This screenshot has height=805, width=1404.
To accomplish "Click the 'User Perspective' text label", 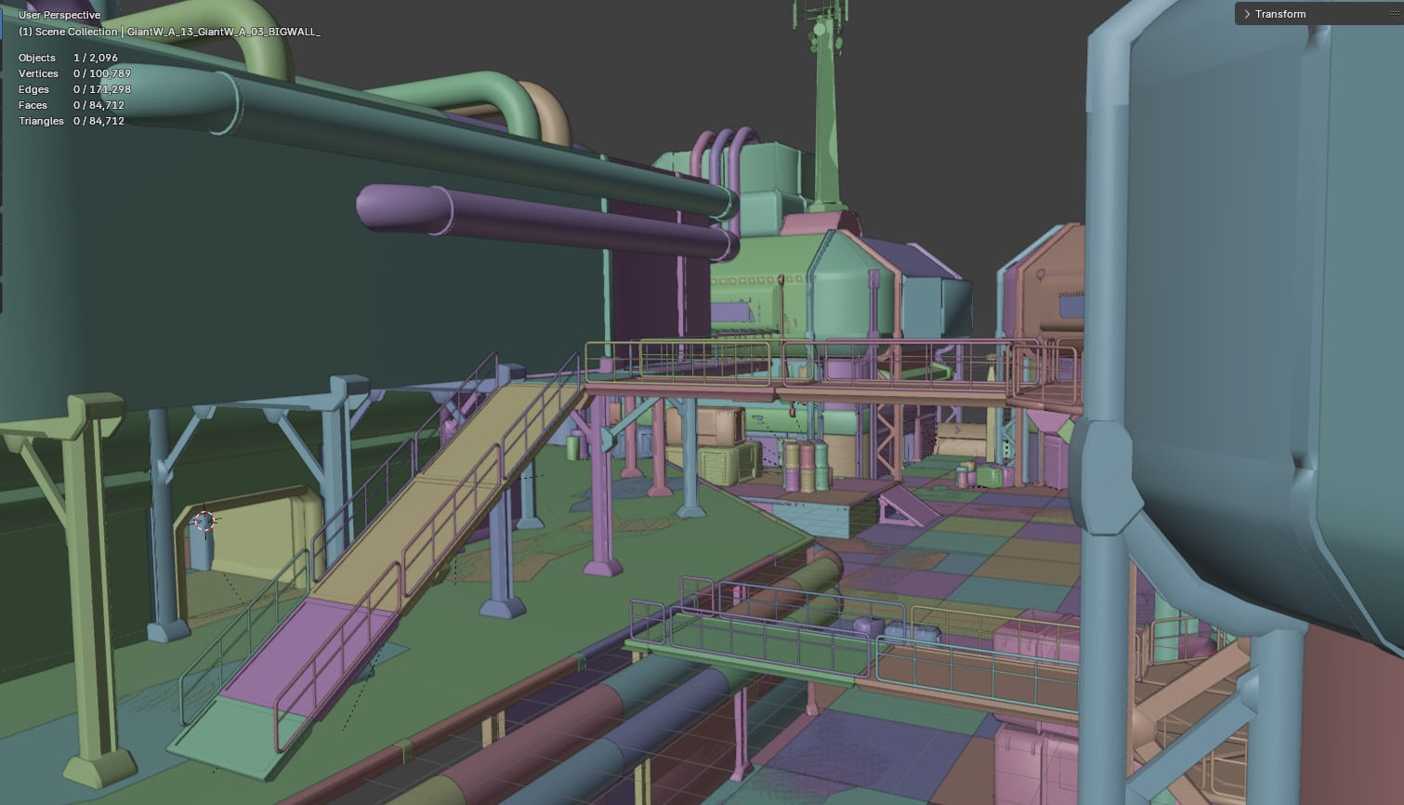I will click(59, 15).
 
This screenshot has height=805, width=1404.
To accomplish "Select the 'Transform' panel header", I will click(1280, 14).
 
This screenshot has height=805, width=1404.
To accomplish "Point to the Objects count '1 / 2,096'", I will click(96, 58).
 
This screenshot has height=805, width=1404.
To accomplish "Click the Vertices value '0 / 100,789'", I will click(102, 73).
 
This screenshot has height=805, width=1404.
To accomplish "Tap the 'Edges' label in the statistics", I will click(33, 89).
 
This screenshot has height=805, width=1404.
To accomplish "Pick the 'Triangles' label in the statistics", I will click(41, 121).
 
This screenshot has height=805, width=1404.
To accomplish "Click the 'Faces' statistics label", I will click(33, 105).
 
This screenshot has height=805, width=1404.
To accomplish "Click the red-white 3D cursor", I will click(204, 521).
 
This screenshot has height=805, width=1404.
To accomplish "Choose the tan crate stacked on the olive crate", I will click(717, 427).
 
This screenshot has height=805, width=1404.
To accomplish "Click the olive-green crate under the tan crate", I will click(720, 465).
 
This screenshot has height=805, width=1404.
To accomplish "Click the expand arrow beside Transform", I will click(1247, 14).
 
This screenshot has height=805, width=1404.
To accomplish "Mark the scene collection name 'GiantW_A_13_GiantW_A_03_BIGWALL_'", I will click(223, 32).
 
